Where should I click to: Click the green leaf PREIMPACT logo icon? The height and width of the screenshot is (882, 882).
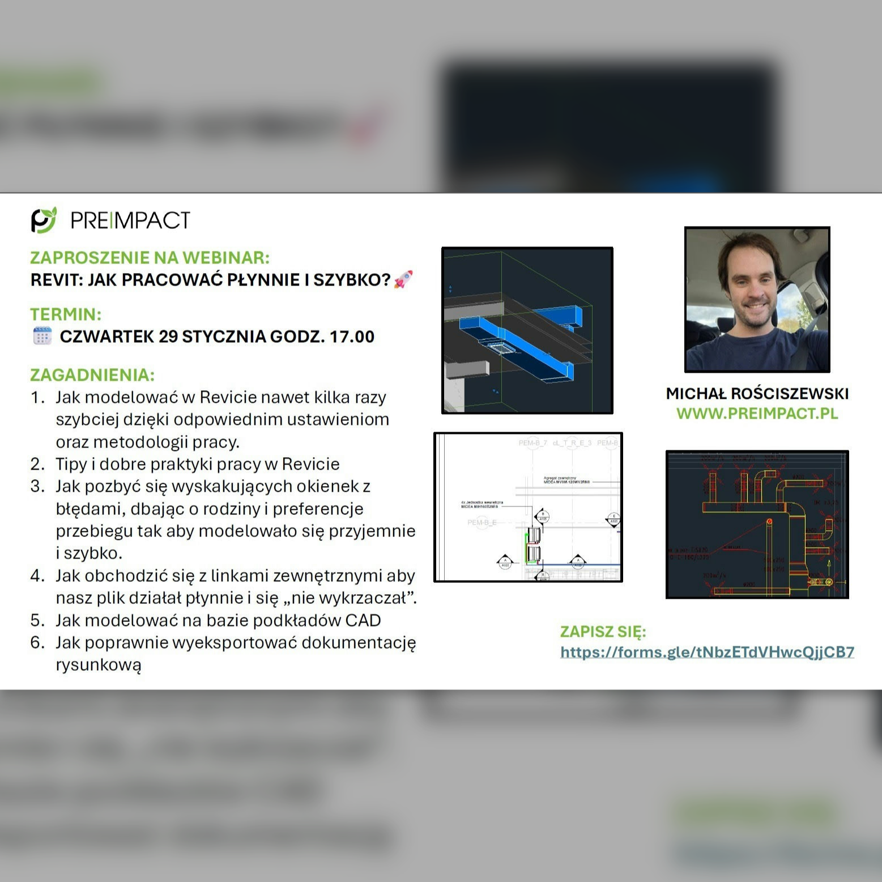pyautogui.click(x=44, y=220)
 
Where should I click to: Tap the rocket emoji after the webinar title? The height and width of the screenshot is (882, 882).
pyautogui.click(x=403, y=279)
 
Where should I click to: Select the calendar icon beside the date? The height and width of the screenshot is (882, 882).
pyautogui.click(x=42, y=336)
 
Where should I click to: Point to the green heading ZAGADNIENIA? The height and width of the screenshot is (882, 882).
pyautogui.click(x=92, y=375)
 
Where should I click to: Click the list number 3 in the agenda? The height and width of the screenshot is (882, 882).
pyautogui.click(x=37, y=487)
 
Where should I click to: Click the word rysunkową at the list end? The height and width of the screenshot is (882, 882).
pyautogui.click(x=98, y=665)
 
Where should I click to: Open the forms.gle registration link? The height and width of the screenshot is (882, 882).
pyautogui.click(x=707, y=652)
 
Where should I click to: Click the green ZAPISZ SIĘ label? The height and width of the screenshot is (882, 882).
pyautogui.click(x=603, y=632)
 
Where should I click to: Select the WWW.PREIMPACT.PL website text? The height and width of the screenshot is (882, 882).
pyautogui.click(x=757, y=414)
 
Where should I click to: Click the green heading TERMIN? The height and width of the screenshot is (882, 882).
pyautogui.click(x=66, y=314)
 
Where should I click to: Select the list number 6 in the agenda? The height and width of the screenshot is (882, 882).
pyautogui.click(x=37, y=642)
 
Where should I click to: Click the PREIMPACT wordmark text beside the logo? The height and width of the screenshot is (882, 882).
pyautogui.click(x=130, y=220)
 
